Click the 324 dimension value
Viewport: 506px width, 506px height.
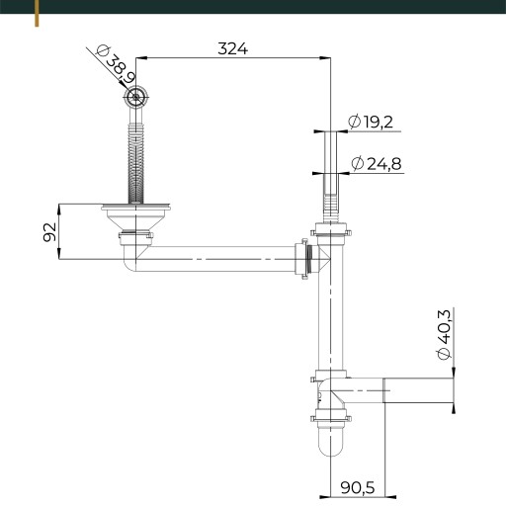232,48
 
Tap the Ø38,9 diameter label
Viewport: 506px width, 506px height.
116,64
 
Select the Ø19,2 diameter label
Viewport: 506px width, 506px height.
371,122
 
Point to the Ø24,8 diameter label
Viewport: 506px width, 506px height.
377,164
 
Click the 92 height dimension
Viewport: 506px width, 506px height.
49,232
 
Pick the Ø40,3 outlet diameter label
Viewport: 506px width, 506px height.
444,335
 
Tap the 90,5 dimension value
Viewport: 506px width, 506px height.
358,487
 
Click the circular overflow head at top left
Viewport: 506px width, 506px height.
135,97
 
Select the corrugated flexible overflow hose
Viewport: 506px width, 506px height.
135,161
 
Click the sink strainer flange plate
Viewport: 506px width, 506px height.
135,208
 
